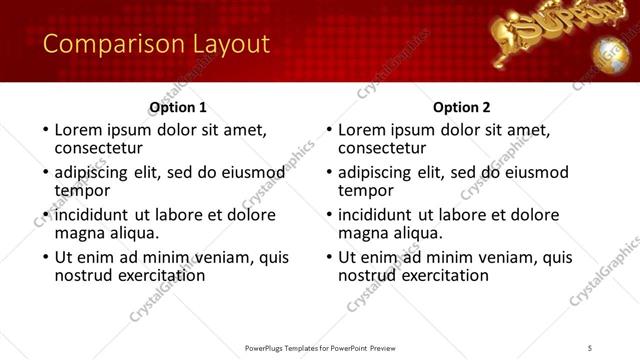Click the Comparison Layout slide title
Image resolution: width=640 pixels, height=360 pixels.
click(156, 44)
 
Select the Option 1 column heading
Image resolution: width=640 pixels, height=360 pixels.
click(178, 107)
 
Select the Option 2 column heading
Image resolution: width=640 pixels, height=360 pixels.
click(462, 107)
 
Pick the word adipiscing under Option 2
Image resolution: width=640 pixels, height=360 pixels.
click(374, 172)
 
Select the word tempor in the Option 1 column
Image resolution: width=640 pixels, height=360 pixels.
click(82, 190)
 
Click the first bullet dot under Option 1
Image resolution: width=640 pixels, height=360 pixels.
click(44, 130)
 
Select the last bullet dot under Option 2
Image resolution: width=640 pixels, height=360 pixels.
click(328, 257)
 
